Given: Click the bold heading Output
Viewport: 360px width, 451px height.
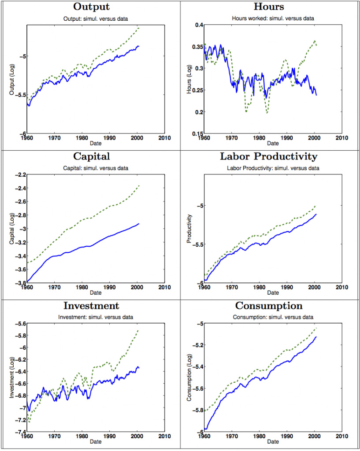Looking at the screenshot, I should click(91, 7).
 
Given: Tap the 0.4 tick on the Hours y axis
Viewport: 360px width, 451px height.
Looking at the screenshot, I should click(197, 25).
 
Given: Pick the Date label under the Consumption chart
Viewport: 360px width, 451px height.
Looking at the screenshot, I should click(272, 442).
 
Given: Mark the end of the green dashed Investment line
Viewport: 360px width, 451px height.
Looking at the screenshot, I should click(139, 329).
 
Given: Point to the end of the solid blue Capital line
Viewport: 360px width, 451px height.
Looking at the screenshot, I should click(139, 224).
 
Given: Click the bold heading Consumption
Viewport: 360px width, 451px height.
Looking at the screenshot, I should click(269, 306).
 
